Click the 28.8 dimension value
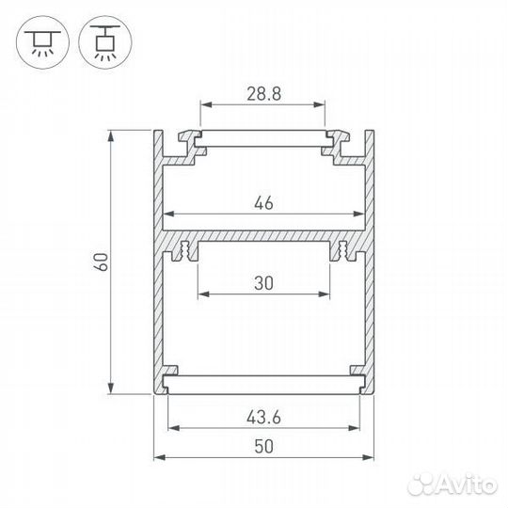[x=263, y=94]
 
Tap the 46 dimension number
[x=263, y=203]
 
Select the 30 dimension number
[x=263, y=283]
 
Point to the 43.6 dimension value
[x=263, y=418]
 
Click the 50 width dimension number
[x=263, y=447]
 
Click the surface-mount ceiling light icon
[x=42, y=42]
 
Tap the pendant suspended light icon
[x=105, y=42]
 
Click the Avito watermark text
[x=452, y=485]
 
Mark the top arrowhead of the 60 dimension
[x=111, y=135]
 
